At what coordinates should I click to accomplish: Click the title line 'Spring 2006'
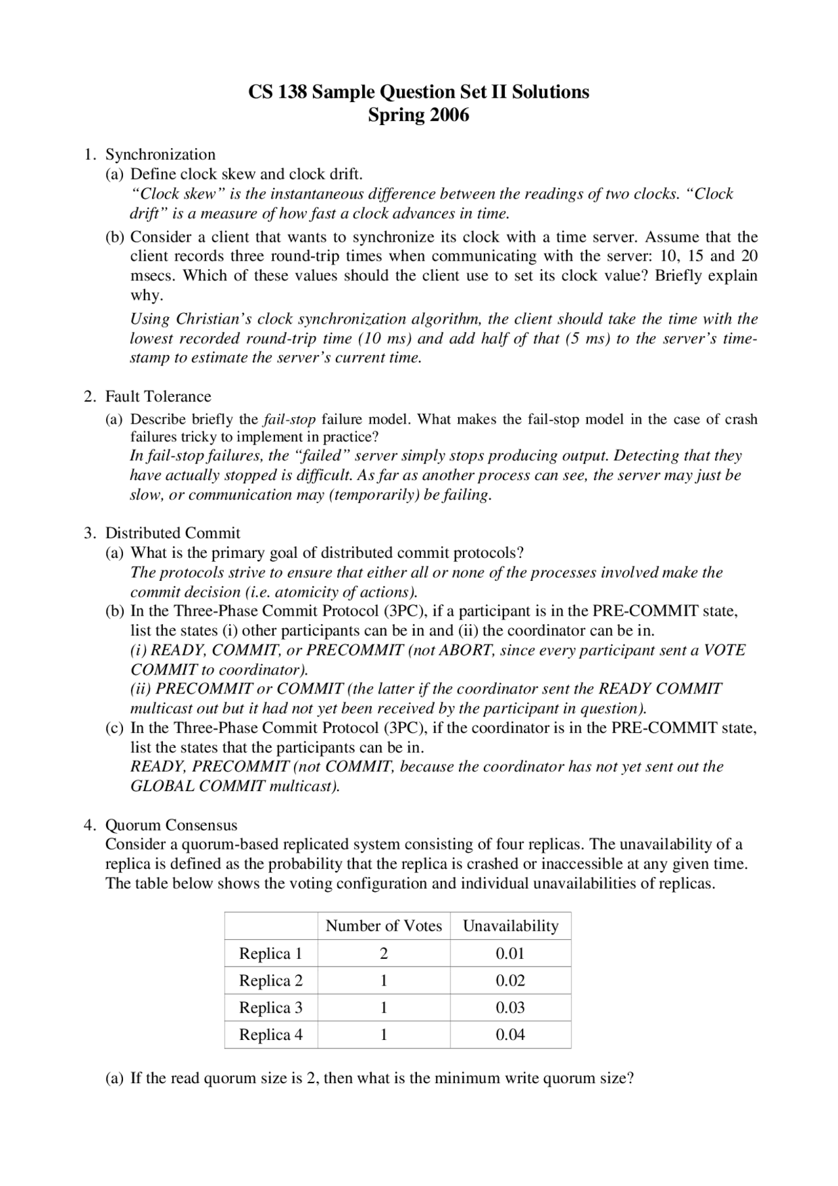(418, 115)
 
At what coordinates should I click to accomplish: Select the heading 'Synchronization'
(160, 155)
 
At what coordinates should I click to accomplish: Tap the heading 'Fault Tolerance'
(158, 396)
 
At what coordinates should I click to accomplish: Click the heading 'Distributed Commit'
(173, 533)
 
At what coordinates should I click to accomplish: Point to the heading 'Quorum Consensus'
(172, 825)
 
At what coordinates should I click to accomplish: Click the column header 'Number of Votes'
(384, 926)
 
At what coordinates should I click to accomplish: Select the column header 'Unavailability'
(511, 926)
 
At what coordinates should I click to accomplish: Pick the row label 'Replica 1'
(270, 954)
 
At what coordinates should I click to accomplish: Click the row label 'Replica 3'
(270, 1008)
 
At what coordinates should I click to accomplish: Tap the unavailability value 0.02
(510, 980)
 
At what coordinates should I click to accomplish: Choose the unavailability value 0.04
(510, 1035)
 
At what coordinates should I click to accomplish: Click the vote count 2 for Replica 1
(384, 954)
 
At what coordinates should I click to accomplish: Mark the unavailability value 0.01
(510, 954)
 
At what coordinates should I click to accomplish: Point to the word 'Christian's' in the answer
(214, 319)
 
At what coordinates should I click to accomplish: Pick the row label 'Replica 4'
(270, 1035)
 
